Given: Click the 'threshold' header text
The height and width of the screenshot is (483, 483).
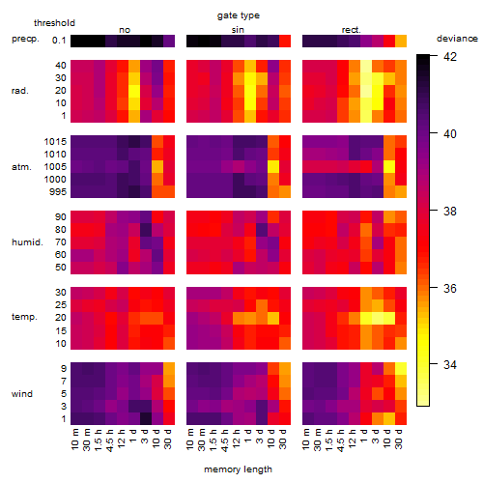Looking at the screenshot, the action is click(54, 23).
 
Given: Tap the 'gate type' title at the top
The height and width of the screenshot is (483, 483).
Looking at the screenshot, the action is click(239, 15).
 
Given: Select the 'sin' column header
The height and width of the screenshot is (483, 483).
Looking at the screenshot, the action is click(238, 30).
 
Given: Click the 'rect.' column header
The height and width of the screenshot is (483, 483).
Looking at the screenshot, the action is click(351, 30).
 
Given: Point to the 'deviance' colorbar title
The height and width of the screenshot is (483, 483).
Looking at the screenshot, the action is click(457, 39).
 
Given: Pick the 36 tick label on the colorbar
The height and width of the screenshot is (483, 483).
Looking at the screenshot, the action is click(450, 288).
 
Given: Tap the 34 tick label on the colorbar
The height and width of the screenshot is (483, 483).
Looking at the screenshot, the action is click(450, 365).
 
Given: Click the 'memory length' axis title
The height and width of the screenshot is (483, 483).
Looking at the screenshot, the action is click(239, 469).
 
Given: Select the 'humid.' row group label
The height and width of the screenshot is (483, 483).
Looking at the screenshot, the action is click(27, 242).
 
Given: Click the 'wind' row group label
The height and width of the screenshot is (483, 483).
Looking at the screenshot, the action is click(22, 394).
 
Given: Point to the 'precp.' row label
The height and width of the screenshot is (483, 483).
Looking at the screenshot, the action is click(25, 39).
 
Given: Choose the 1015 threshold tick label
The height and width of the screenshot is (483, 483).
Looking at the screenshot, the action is click(55, 142).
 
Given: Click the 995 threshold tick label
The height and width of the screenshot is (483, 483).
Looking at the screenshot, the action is click(58, 192).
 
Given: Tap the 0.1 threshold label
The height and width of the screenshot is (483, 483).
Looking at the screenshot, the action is click(59, 41).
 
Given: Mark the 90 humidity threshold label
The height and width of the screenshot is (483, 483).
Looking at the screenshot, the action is click(60, 217).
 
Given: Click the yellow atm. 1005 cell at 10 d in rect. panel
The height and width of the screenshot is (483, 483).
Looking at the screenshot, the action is click(389, 167).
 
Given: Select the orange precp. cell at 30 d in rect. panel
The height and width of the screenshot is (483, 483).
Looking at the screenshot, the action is click(401, 41).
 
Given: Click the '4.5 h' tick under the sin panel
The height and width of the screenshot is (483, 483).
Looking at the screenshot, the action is click(225, 440).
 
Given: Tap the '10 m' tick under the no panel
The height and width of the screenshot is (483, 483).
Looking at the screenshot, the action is click(74, 440).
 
